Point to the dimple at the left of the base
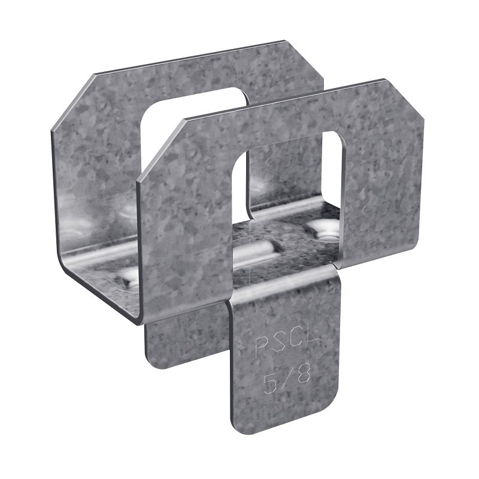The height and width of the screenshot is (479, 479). [x=129, y=275]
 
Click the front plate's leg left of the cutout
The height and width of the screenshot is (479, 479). [x=186, y=239]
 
